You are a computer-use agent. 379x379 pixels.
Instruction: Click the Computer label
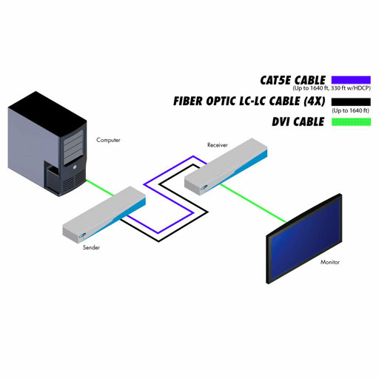coord(108,140)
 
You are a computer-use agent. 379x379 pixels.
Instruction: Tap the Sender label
coord(91,247)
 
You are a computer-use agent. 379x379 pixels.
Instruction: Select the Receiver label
coord(217,145)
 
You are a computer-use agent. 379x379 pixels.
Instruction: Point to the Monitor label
coord(330,262)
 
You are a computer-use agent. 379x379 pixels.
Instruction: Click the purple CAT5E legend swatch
coord(351,80)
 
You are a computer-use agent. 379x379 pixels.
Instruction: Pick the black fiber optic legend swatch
coord(351,102)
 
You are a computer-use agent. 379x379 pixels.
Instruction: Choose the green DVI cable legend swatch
coord(351,122)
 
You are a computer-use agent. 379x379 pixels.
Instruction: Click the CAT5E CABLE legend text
coord(293,80)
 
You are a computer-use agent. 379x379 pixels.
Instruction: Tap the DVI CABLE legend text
coord(298,121)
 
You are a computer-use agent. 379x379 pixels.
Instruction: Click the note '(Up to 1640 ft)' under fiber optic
coord(351,110)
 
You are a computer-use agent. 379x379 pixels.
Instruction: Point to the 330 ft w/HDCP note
coord(350,88)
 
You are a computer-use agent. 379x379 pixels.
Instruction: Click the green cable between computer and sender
coord(100,188)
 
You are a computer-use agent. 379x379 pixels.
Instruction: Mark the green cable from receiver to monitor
coord(253,203)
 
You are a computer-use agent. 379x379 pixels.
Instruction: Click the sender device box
coord(104,215)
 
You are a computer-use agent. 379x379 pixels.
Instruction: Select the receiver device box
coord(226,167)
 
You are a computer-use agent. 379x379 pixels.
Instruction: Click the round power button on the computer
coord(75,167)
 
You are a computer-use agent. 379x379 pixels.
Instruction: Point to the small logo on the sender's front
coord(82,235)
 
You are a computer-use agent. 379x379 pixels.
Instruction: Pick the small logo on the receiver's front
coord(204,188)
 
